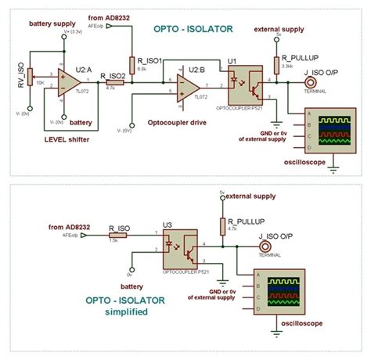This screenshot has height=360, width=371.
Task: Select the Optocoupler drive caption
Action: coord(178,122)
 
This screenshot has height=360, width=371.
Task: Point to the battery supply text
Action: coord(51,24)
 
